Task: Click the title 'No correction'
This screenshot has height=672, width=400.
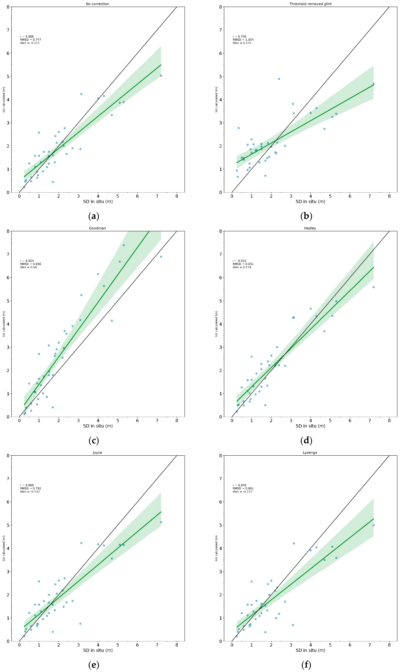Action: pyautogui.click(x=97, y=4)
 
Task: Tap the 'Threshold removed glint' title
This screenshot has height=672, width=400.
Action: pyautogui.click(x=310, y=4)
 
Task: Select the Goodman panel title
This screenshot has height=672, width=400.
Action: pyautogui.click(x=97, y=228)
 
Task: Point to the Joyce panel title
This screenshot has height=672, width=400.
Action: pyautogui.click(x=97, y=453)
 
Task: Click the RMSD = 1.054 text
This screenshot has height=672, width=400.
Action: pyautogui.click(x=243, y=40)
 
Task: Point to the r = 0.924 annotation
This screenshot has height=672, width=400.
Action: pyautogui.click(x=27, y=261)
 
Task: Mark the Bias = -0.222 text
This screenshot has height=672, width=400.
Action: pyautogui.click(x=243, y=492)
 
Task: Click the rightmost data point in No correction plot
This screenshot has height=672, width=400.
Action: pyautogui.click(x=161, y=76)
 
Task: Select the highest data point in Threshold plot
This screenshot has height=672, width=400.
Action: pyautogui.click(x=279, y=79)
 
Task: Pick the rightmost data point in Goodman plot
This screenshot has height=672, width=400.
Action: pyautogui.click(x=161, y=257)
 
